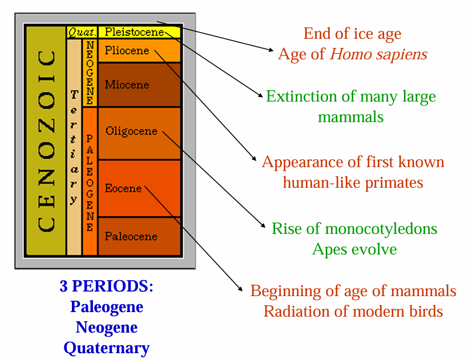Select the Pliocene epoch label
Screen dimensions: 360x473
click(x=127, y=51)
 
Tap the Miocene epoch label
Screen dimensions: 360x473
click(x=127, y=85)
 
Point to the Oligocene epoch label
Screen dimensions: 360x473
click(x=131, y=131)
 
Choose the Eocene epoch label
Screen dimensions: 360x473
click(x=123, y=188)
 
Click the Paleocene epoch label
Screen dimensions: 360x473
click(x=131, y=236)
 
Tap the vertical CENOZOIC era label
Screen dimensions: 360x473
click(x=46, y=141)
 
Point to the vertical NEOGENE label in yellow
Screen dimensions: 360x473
click(x=89, y=72)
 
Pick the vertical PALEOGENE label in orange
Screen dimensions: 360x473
click(x=89, y=183)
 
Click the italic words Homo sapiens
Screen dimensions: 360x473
click(x=378, y=55)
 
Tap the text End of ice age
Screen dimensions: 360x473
click(x=352, y=34)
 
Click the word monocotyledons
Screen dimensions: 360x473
click(x=381, y=229)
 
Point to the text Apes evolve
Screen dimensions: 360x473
click(x=354, y=249)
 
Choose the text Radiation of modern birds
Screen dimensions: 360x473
click(x=353, y=312)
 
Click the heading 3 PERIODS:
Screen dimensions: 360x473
click(x=106, y=286)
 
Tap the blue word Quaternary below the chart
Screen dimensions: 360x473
click(x=106, y=347)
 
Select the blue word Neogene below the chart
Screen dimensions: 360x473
click(x=106, y=327)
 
